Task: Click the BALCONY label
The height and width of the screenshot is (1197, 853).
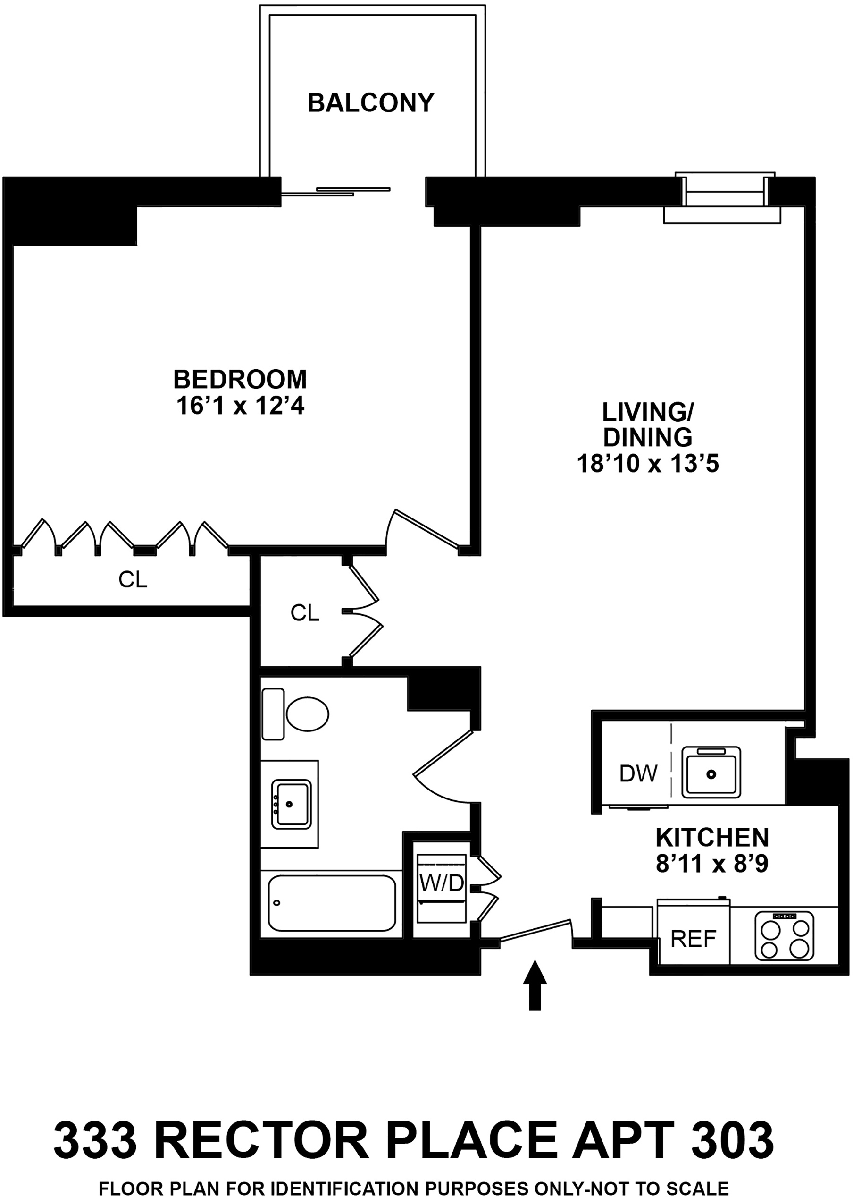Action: click(371, 102)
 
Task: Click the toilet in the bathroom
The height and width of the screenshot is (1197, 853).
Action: click(307, 714)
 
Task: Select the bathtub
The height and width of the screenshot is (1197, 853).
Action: click(331, 903)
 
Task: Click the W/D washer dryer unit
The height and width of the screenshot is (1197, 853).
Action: click(441, 888)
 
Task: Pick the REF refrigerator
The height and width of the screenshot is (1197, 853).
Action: click(694, 938)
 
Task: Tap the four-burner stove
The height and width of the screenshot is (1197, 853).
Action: click(784, 935)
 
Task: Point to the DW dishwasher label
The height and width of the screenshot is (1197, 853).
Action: click(638, 773)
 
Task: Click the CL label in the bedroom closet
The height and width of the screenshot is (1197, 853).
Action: click(133, 580)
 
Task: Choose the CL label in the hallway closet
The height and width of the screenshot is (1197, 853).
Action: click(305, 613)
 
